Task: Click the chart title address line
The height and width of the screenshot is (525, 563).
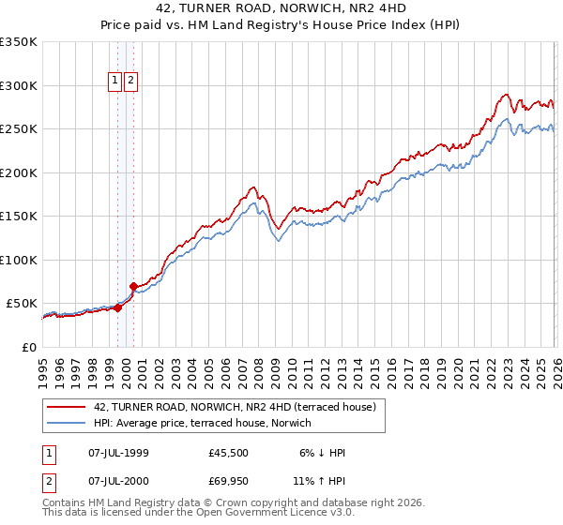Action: [281, 10]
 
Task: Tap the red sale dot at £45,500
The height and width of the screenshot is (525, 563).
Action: [118, 307]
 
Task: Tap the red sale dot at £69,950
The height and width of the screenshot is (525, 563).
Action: [134, 286]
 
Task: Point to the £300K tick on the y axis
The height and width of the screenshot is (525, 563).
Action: [19, 85]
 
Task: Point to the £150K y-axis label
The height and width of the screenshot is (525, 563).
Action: [19, 217]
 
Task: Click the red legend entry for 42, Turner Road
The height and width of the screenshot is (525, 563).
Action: [235, 407]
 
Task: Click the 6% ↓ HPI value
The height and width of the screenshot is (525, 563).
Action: [322, 453]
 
